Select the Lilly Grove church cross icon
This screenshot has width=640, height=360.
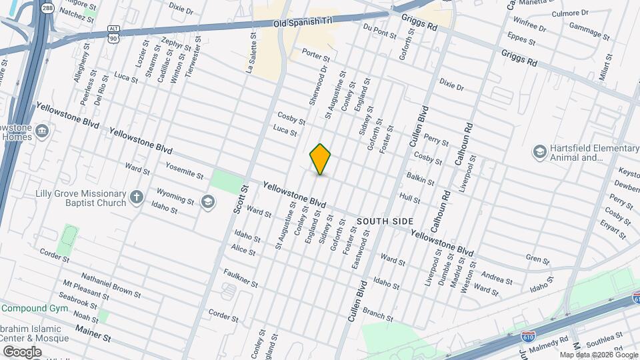[x=136, y=197]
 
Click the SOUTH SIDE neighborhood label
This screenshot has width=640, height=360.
[x=385, y=221]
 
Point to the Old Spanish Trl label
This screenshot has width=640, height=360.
[x=303, y=23]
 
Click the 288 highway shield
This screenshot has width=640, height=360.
[x=47, y=7]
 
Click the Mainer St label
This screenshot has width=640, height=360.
[x=93, y=333]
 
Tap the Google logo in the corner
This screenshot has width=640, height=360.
[x=22, y=351]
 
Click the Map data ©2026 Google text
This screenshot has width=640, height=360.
[x=597, y=355]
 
